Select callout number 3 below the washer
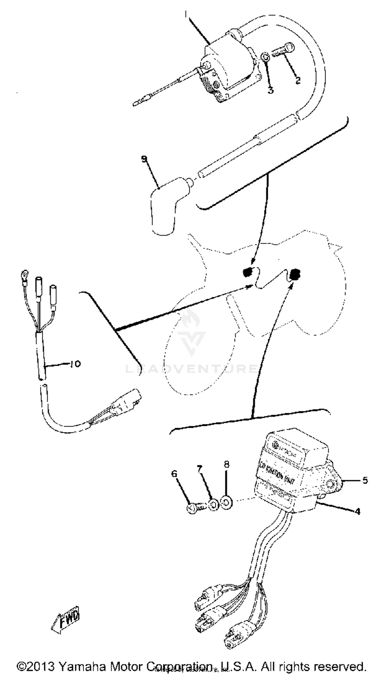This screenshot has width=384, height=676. pyautogui.click(x=270, y=90)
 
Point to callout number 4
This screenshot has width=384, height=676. pyautogui.click(x=357, y=511)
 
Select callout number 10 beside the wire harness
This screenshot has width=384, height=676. pyautogui.click(x=75, y=364)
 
